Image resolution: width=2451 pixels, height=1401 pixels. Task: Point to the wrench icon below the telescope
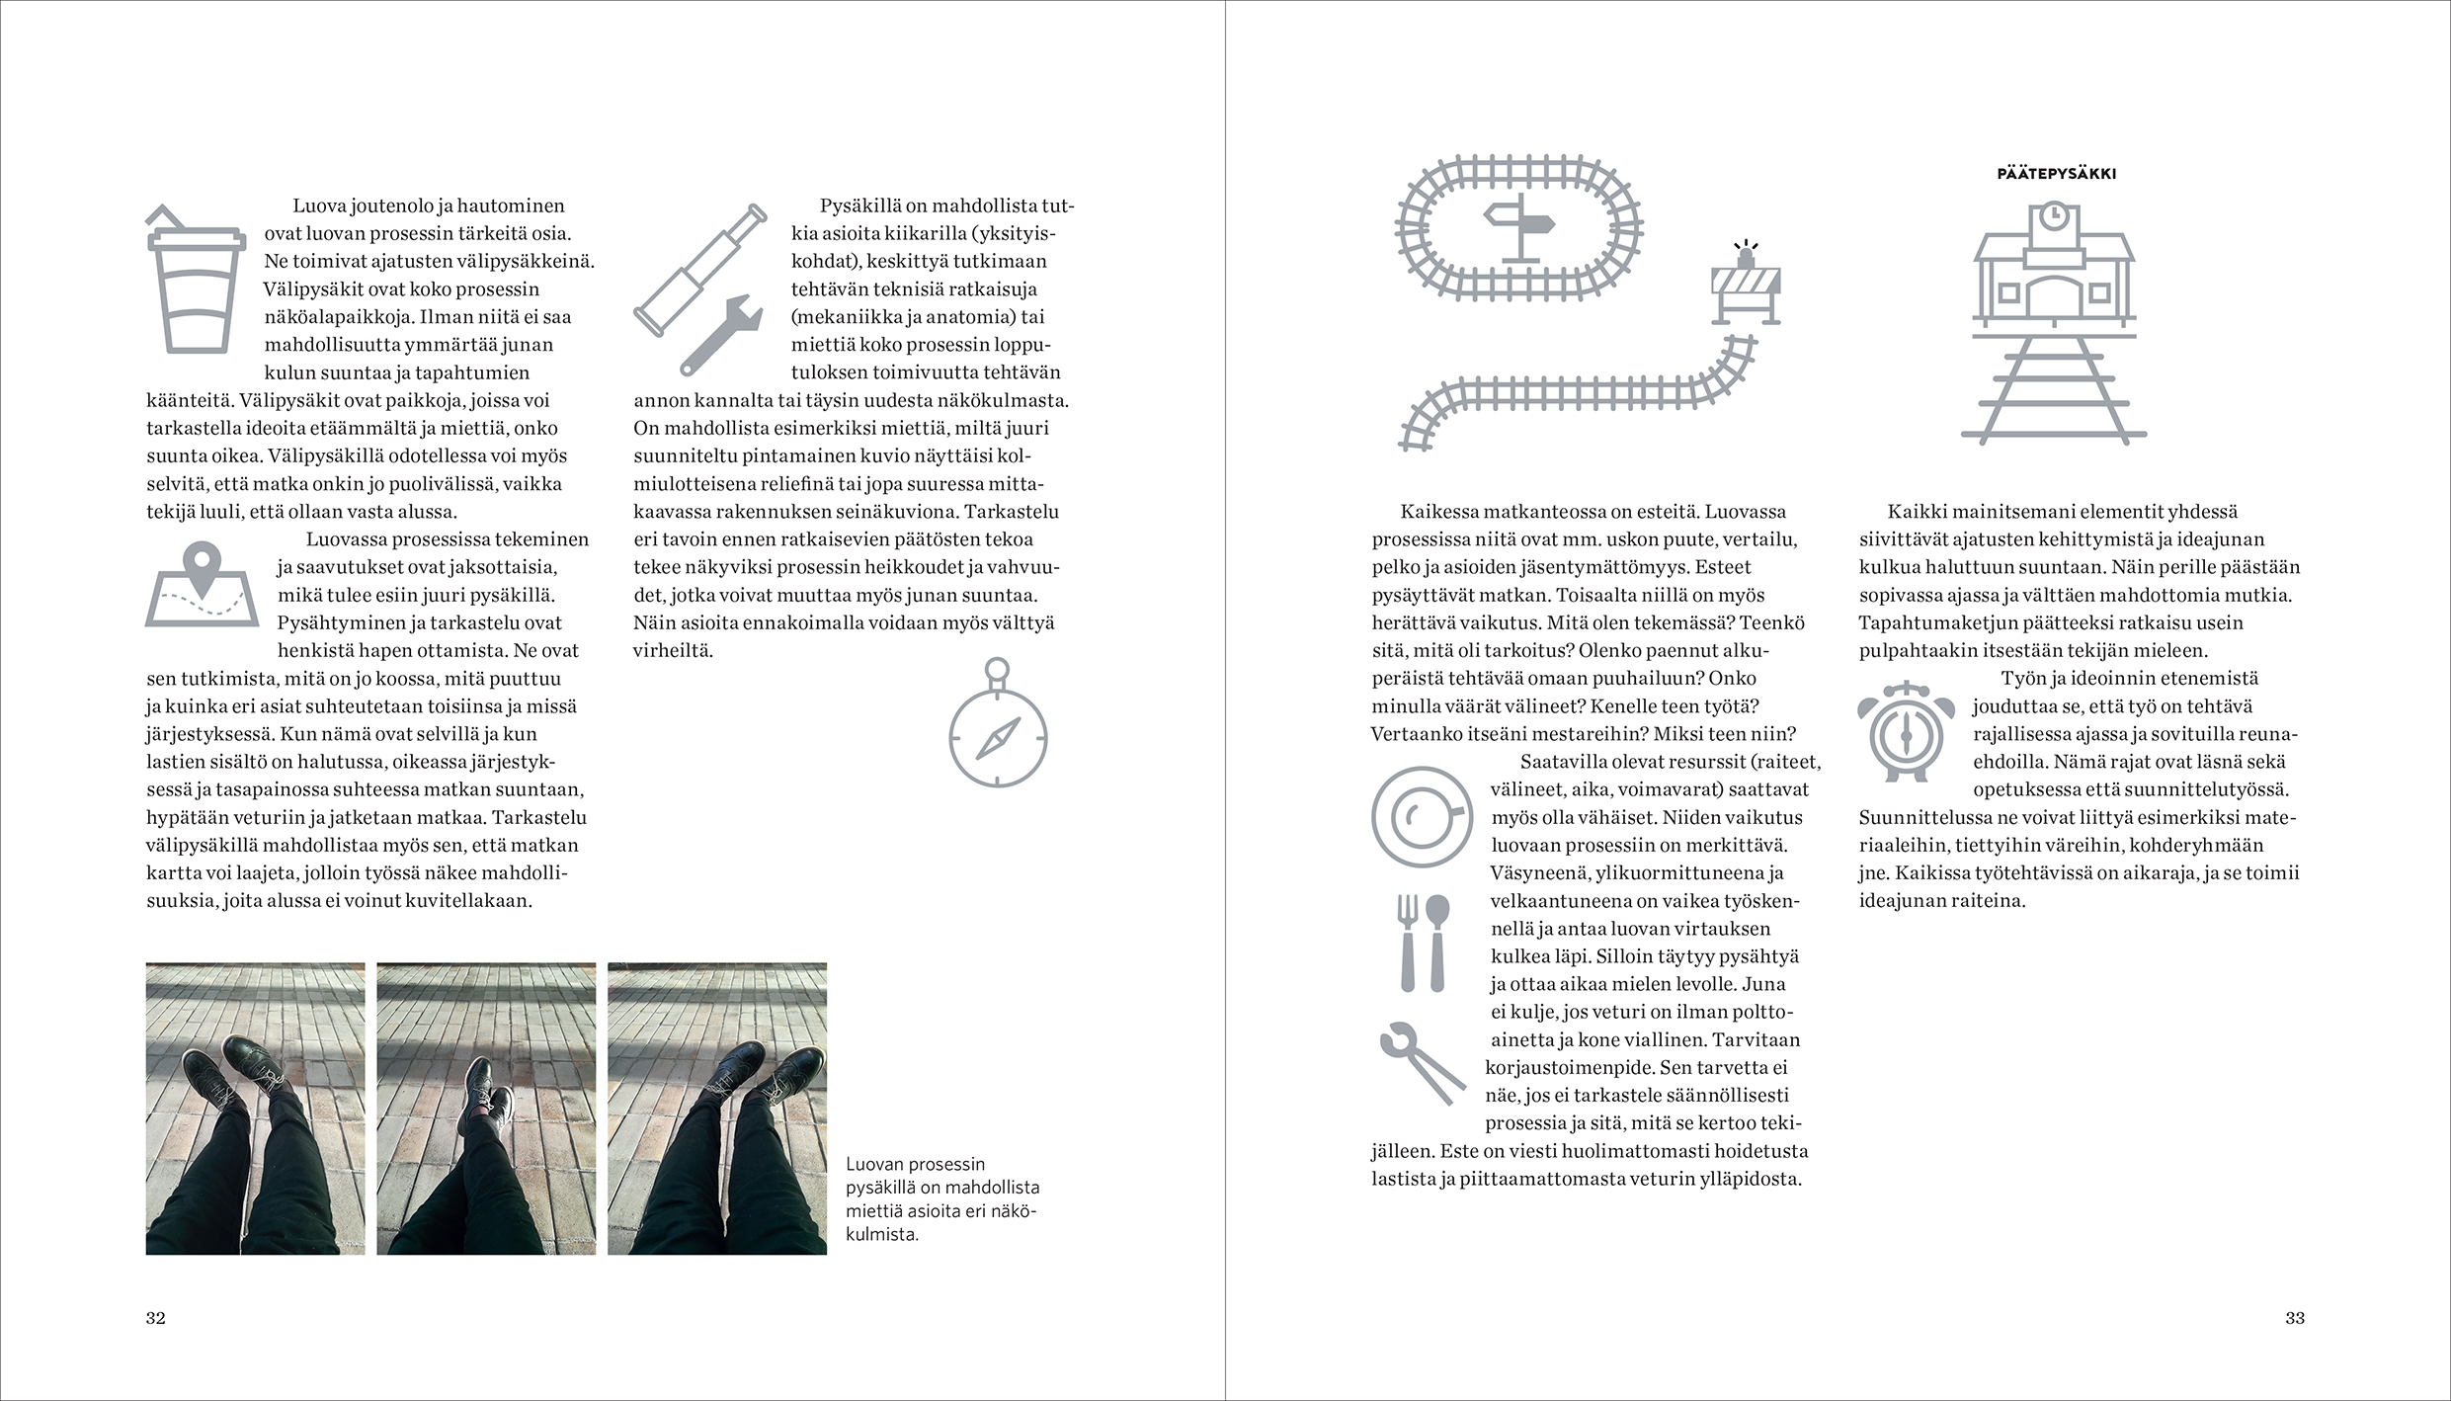(720, 335)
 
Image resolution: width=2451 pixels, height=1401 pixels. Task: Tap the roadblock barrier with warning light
(1745, 288)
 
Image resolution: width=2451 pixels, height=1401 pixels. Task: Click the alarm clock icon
(1906, 731)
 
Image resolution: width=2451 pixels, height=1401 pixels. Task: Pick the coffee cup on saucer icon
(1422, 816)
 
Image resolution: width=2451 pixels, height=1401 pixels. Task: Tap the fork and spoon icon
(1423, 944)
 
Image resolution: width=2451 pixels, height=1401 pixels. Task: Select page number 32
(156, 1318)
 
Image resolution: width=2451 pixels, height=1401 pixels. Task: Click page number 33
(2294, 1318)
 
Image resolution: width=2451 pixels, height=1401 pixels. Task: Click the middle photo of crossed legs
(486, 1109)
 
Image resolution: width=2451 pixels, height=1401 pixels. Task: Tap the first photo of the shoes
(255, 1109)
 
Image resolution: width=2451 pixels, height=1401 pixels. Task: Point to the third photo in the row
(717, 1109)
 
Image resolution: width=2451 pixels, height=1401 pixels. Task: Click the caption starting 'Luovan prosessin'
(940, 1198)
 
